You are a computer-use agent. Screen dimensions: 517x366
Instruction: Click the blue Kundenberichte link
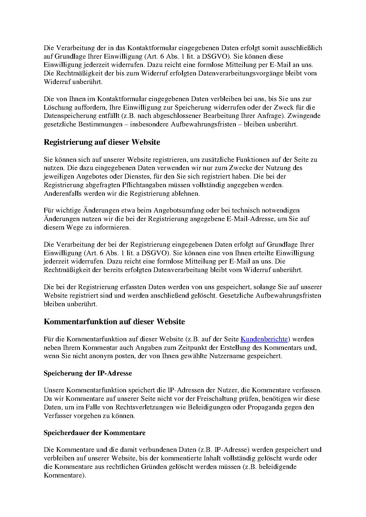pyautogui.click(x=264, y=339)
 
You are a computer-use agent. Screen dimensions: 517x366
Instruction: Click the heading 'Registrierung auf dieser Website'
pyautogui.click(x=102, y=142)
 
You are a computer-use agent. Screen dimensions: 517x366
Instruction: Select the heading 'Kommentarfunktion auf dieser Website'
pyautogui.click(x=114, y=321)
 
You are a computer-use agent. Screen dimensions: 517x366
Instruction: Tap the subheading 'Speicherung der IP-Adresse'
pyautogui.click(x=88, y=373)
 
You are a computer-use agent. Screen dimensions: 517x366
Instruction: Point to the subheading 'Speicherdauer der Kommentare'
pyautogui.click(x=94, y=433)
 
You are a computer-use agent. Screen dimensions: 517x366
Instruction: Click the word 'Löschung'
pyautogui.click(x=56, y=107)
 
